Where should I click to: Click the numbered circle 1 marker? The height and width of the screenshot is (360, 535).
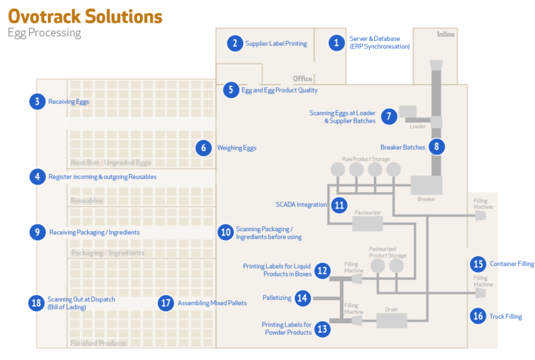click(x=337, y=43)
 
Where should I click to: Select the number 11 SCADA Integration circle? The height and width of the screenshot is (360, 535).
click(x=339, y=205)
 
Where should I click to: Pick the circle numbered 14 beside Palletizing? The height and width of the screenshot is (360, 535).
click(x=302, y=298)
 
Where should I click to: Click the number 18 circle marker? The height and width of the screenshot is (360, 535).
click(x=36, y=303)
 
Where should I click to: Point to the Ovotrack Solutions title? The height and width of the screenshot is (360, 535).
click(x=85, y=16)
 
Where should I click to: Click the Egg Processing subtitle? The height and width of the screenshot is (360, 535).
click(x=45, y=33)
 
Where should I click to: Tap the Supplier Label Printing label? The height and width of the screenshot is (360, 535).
click(x=276, y=43)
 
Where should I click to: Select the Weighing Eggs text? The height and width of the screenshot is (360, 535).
click(x=237, y=148)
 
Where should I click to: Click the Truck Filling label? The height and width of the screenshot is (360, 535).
click(x=505, y=317)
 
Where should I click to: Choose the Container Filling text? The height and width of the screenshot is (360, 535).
click(x=512, y=264)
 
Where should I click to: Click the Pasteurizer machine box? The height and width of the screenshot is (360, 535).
click(x=367, y=223)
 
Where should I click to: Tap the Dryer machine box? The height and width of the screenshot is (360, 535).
click(x=391, y=320)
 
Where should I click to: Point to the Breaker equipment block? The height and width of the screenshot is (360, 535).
click(x=426, y=185)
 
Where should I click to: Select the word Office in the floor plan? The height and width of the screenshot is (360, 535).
click(x=302, y=79)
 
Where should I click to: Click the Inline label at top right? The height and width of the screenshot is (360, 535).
click(x=445, y=34)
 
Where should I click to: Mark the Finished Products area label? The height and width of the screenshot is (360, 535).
click(x=98, y=343)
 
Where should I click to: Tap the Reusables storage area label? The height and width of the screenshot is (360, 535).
click(x=86, y=201)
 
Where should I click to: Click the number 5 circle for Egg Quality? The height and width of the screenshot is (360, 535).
click(x=230, y=90)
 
